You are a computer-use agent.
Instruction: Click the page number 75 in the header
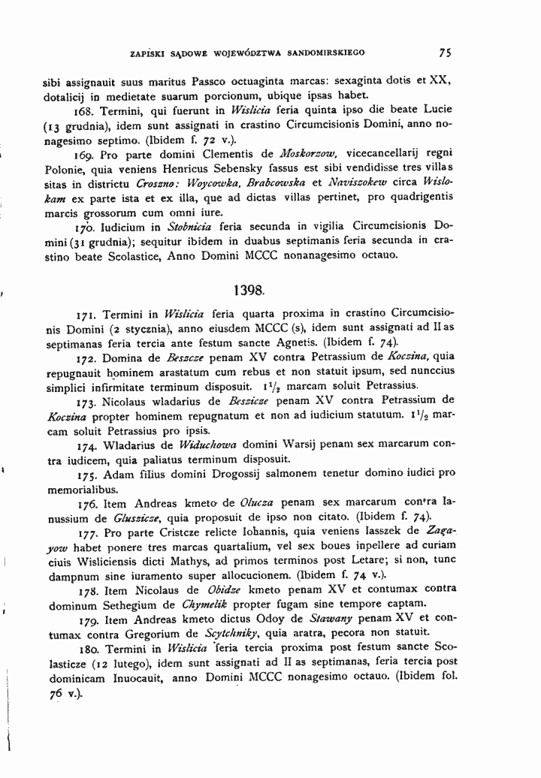point(445,53)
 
